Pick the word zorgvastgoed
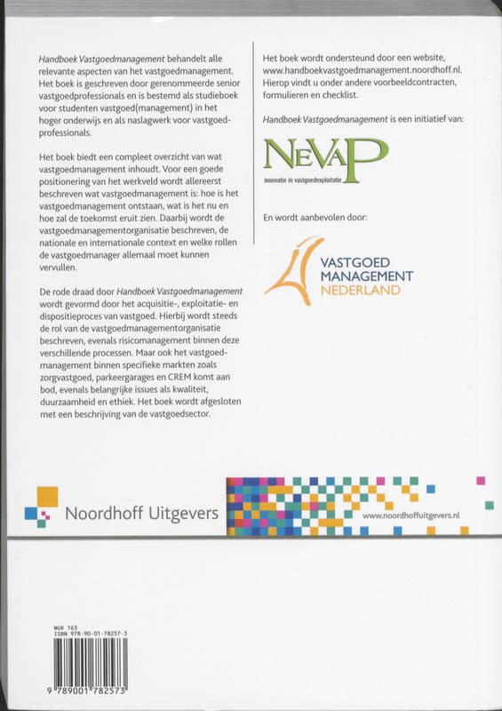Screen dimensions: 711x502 pos(71,376)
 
